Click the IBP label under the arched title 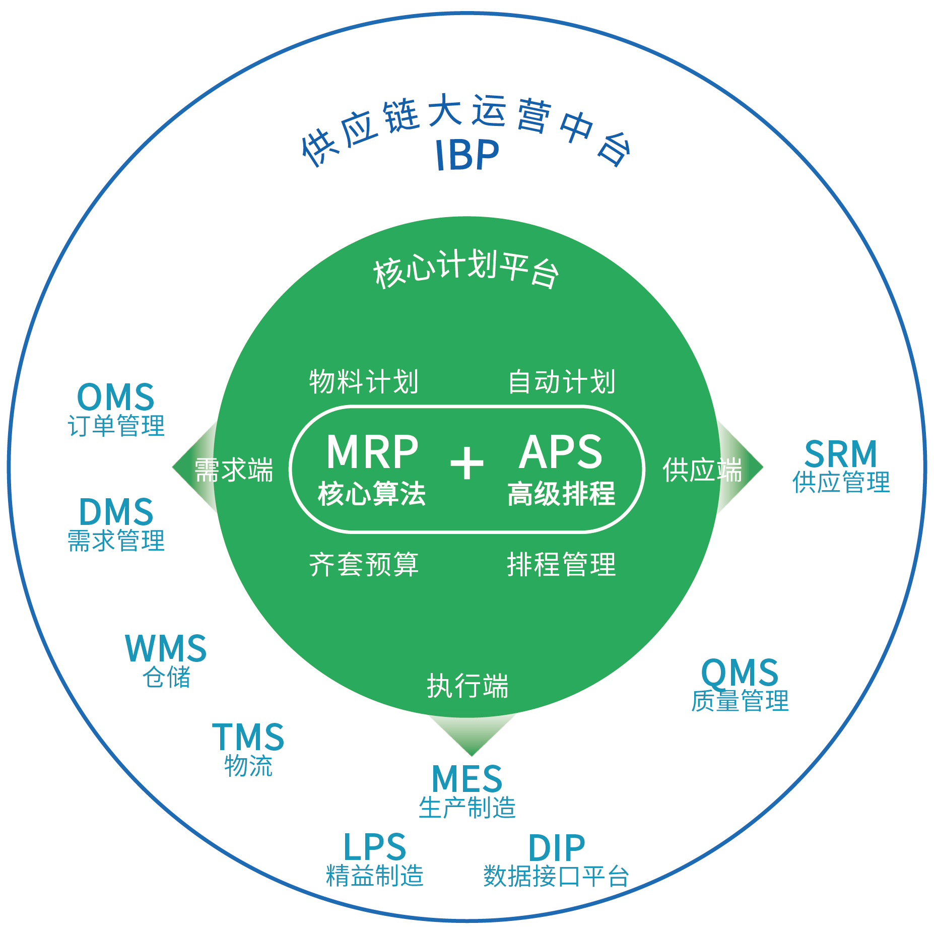(x=467, y=155)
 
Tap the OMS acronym (x=116, y=397)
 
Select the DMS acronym (x=116, y=512)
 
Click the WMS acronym (x=166, y=648)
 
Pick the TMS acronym (x=248, y=738)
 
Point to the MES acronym (x=467, y=779)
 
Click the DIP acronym (x=556, y=848)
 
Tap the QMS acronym (x=740, y=673)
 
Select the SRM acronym (x=841, y=454)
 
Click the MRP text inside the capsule (x=372, y=452)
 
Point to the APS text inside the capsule (x=561, y=452)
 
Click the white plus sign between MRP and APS (x=467, y=462)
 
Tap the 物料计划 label (x=364, y=381)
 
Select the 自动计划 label (x=561, y=381)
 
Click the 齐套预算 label (x=364, y=564)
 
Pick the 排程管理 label (x=561, y=564)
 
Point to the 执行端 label (x=468, y=686)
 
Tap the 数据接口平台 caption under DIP (x=556, y=876)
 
